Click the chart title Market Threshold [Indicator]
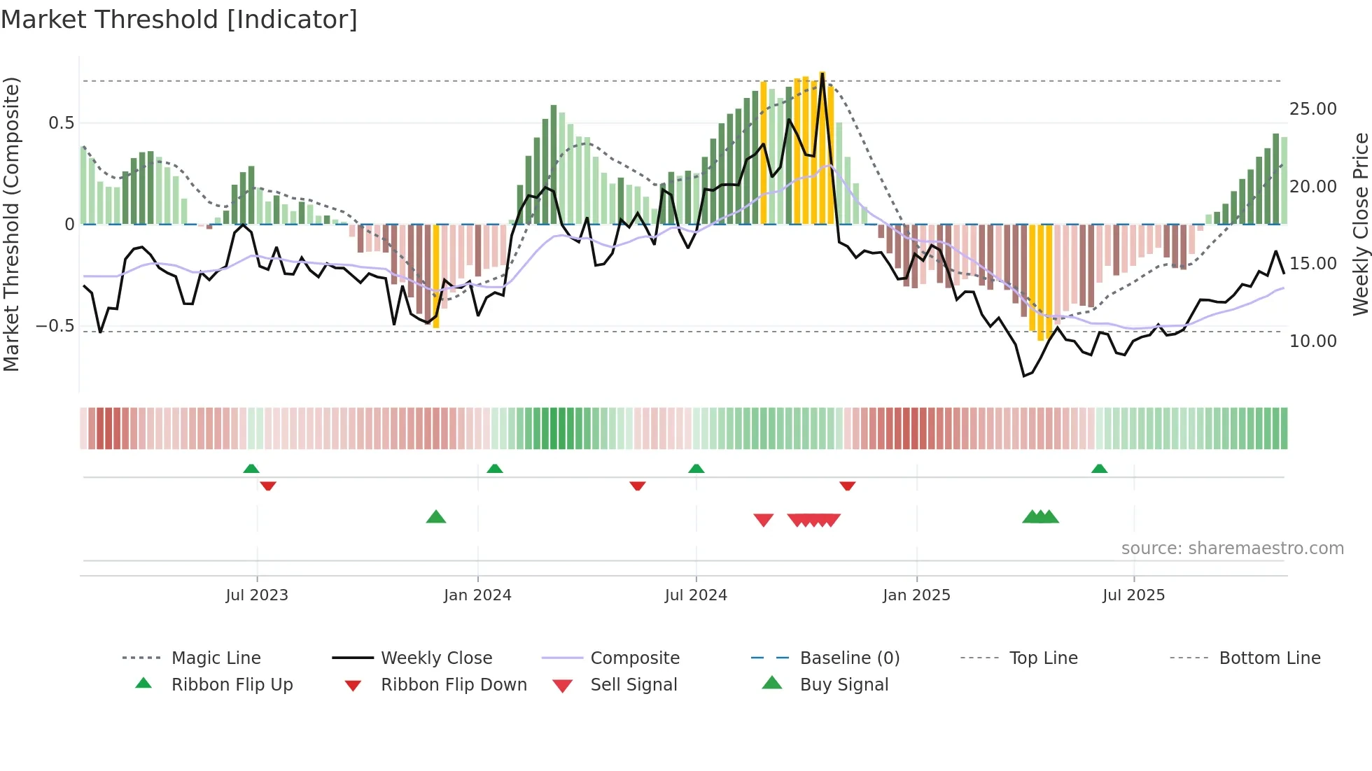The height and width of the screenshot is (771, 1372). [x=179, y=20]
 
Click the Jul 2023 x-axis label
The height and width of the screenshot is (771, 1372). [x=257, y=595]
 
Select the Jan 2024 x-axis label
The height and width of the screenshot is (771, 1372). [x=477, y=595]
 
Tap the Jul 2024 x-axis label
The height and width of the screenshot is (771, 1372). [x=696, y=595]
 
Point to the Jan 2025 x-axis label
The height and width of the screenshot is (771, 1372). [x=916, y=595]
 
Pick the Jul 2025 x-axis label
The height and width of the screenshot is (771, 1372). [x=1133, y=595]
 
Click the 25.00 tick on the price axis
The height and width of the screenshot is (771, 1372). [x=1312, y=109]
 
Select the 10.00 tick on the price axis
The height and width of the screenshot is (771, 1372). [x=1312, y=341]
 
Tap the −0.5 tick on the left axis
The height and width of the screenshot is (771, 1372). [x=55, y=326]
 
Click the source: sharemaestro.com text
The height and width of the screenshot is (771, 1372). [x=1232, y=549]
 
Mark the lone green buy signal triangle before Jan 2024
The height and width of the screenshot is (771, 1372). [x=436, y=518]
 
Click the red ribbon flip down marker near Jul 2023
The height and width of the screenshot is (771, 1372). [x=268, y=486]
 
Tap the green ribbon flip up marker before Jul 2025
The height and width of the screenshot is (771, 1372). [x=1099, y=469]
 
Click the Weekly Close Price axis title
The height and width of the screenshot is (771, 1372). [x=1360, y=224]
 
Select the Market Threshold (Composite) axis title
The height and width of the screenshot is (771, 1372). [x=11, y=224]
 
